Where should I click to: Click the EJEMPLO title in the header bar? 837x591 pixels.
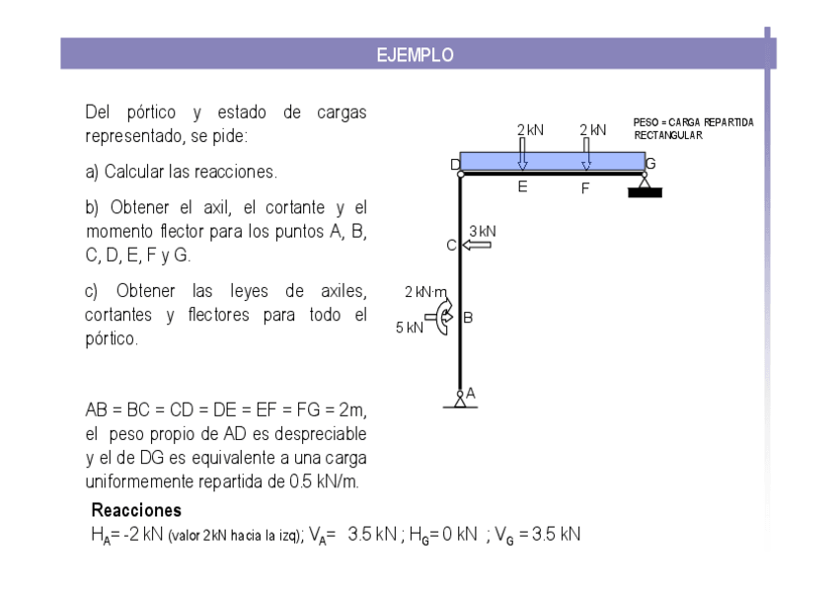coord(415,55)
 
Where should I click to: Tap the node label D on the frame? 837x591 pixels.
coord(455,165)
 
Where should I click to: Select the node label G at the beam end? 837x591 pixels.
coord(650,164)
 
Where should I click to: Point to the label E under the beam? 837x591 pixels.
coord(522,186)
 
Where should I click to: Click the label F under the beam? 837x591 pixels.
coord(585,187)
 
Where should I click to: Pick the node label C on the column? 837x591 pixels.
coord(451,246)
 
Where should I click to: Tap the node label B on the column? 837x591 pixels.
coord(468,318)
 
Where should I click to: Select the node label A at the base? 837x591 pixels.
coord(471,392)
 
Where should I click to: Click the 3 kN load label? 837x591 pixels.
coord(482,231)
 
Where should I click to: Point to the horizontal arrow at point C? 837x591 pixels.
coord(476,245)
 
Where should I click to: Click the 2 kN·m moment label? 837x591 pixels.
coord(426,292)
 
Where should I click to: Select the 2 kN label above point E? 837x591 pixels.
coord(530,130)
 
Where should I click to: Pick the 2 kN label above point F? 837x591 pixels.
coord(592,130)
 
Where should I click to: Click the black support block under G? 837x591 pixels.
coord(645,191)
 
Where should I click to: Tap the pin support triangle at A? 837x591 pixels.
coord(460,400)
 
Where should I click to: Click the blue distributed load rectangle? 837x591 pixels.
coord(552,161)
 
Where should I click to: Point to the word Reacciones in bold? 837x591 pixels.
coord(136,511)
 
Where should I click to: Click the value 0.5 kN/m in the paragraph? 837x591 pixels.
coord(324,482)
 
